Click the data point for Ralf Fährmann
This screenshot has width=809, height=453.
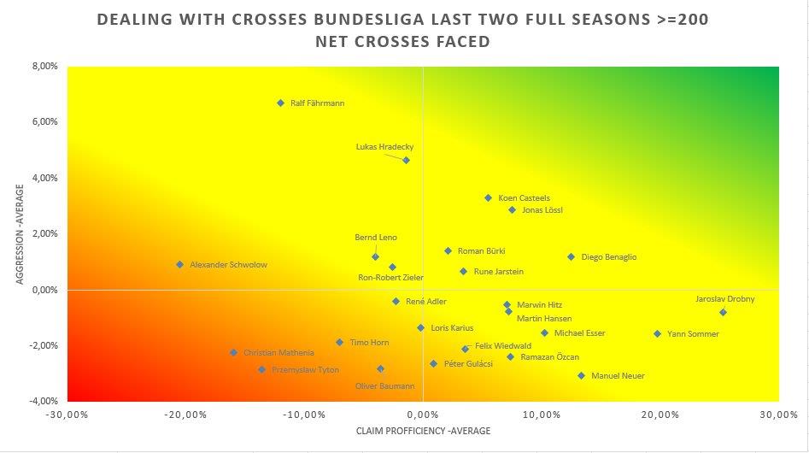(280, 103)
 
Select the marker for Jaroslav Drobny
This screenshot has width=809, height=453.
(723, 312)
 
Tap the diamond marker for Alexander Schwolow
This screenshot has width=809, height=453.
(179, 265)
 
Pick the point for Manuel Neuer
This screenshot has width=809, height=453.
(581, 375)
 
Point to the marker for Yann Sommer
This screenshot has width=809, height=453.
(657, 334)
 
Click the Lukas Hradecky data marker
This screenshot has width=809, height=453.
(406, 160)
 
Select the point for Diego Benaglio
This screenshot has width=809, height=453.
(571, 256)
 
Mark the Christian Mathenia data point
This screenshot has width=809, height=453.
(233, 352)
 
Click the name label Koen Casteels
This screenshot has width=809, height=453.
(524, 198)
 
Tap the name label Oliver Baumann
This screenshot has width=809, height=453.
(384, 386)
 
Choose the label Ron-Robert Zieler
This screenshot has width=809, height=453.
(390, 278)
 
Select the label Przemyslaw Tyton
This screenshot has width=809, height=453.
(305, 370)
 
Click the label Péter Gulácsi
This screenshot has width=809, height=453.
(468, 364)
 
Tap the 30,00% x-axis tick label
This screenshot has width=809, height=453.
(778, 415)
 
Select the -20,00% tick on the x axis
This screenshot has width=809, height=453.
(185, 415)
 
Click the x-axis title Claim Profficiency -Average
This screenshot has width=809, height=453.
(423, 432)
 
